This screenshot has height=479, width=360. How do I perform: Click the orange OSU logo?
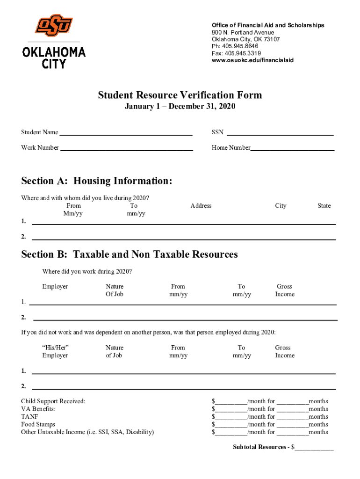pyautogui.click(x=54, y=26)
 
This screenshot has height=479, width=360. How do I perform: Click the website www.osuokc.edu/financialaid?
pyautogui.click(x=252, y=60)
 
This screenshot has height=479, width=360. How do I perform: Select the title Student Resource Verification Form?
pyautogui.click(x=180, y=95)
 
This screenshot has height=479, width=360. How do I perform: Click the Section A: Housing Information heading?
pyautogui.click(x=97, y=181)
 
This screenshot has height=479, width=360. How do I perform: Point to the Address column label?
pyautogui.click(x=201, y=206)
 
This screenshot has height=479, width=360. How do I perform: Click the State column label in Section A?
pyautogui.click(x=324, y=206)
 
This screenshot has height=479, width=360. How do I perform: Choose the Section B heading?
pyautogui.click(x=130, y=254)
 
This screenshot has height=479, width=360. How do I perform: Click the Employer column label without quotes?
pyautogui.click(x=55, y=286)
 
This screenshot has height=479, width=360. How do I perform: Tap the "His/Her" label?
pyautogui.click(x=56, y=348)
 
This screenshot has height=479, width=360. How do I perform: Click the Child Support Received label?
pyautogui.click(x=53, y=401)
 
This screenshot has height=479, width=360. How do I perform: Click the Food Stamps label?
pyautogui.click(x=38, y=425)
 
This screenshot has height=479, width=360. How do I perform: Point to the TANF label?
pyautogui.click(x=29, y=417)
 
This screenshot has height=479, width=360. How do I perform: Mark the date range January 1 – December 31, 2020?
pyautogui.click(x=180, y=107)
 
